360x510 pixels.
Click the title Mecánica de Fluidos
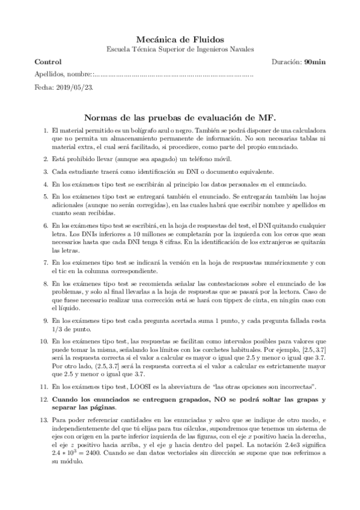tap(180, 37)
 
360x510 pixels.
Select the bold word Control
tap(48, 62)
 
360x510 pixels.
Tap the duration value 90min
tap(314, 62)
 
